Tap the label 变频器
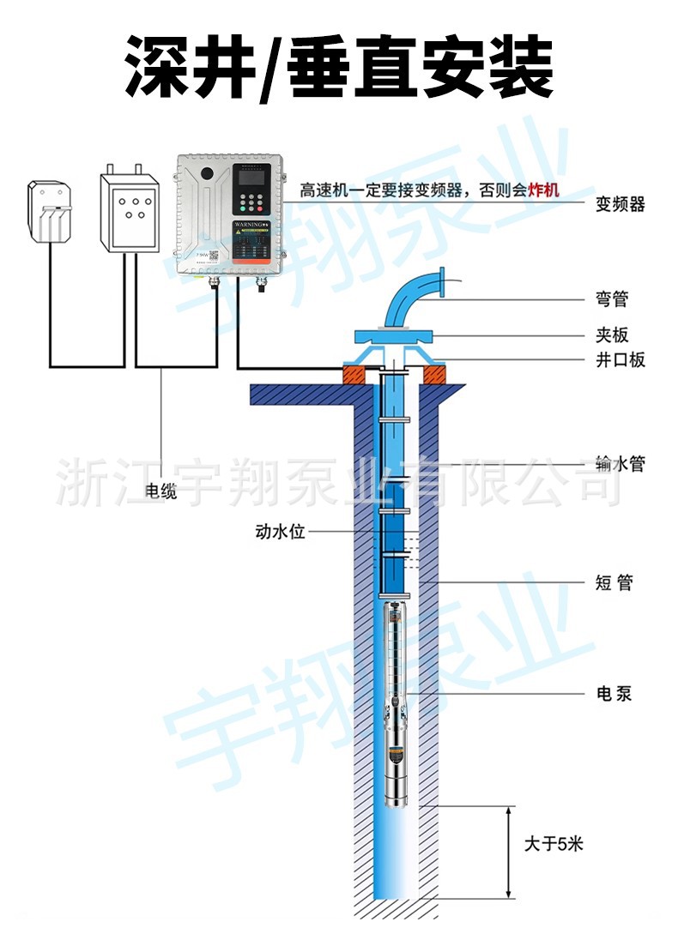pos(620,205)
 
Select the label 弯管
pos(612,299)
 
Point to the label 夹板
pos(612,335)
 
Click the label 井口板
pos(620,360)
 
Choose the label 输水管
pos(620,465)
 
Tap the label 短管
pos(614,584)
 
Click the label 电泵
pos(614,694)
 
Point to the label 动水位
pos(280,532)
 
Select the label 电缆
pos(161,492)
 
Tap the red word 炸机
pos(543,190)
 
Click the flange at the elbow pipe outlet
pos(440,284)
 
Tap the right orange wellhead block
pos(434,374)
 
